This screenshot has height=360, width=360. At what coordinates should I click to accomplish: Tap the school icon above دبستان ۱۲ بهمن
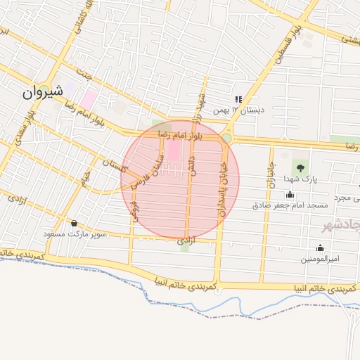coord(238,99)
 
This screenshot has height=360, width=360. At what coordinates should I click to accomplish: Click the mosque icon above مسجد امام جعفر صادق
coord(290,195)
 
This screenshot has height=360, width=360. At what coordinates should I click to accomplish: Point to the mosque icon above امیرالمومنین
coord(321,247)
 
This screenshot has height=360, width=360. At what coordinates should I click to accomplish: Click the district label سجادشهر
coord(340,226)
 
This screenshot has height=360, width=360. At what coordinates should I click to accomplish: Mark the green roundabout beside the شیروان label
coord(44,89)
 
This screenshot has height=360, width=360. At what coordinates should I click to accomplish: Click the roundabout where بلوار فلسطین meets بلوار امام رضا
coord(226,138)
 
